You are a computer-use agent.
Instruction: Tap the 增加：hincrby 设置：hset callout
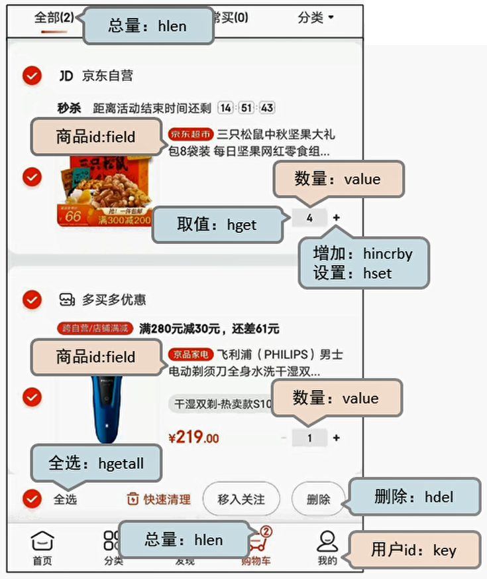click(x=364, y=263)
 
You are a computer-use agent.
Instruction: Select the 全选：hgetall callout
click(x=96, y=464)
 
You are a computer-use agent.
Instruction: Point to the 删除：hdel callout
click(x=413, y=496)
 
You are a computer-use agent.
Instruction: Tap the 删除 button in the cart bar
click(x=318, y=499)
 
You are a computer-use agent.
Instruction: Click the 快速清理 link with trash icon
click(x=159, y=499)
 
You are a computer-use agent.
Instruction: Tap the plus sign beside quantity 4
click(x=336, y=218)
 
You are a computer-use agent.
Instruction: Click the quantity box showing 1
click(x=309, y=438)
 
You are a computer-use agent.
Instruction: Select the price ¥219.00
click(x=193, y=438)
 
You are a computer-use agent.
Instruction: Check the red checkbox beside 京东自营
click(x=31, y=76)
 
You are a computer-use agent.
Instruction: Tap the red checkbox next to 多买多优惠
click(x=31, y=300)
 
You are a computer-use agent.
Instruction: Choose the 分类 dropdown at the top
click(x=315, y=18)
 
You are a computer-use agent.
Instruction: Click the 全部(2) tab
click(x=54, y=18)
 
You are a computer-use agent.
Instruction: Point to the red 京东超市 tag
click(x=191, y=134)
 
